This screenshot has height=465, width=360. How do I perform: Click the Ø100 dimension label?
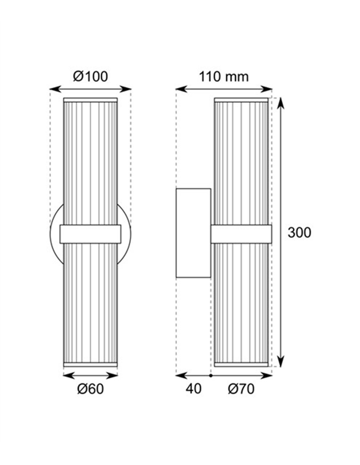(x=90, y=77)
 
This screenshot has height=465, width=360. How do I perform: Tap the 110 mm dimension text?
(x=224, y=77)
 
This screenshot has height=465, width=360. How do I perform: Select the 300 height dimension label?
(x=299, y=232)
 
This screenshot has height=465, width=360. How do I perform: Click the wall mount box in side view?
(x=193, y=233)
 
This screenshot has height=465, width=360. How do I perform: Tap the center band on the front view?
(x=90, y=234)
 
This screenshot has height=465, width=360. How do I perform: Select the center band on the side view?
(x=241, y=234)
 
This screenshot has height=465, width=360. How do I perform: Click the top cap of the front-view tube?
(x=90, y=100)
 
